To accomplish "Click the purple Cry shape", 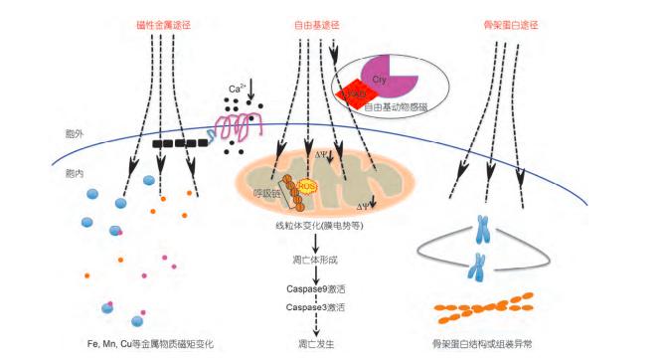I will point(380,77).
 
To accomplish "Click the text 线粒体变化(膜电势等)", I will point(317,227).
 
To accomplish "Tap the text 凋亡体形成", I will point(317,259).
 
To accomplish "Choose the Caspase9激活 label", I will point(317,287).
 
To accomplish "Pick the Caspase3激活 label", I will point(317,308).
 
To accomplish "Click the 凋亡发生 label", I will point(317,343).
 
